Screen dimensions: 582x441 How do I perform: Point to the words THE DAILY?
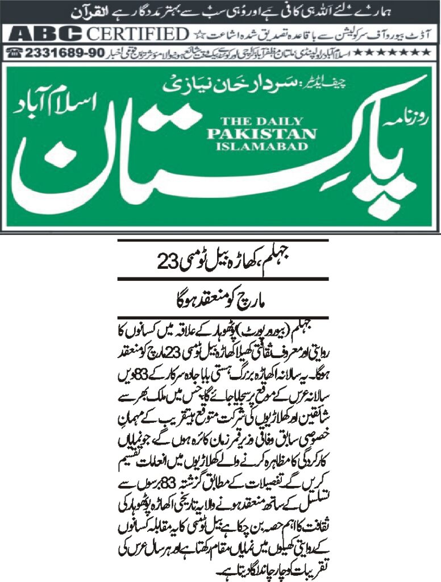point(261,121)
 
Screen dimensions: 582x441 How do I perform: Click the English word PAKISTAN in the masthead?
point(261,134)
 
